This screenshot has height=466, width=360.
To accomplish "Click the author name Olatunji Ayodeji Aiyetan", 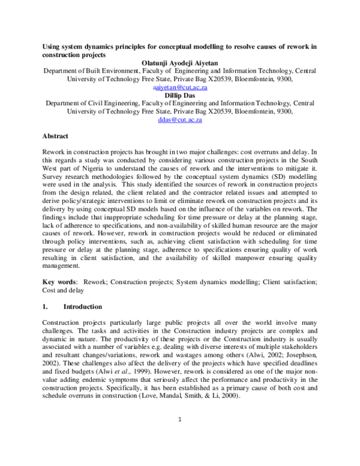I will (180, 62).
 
